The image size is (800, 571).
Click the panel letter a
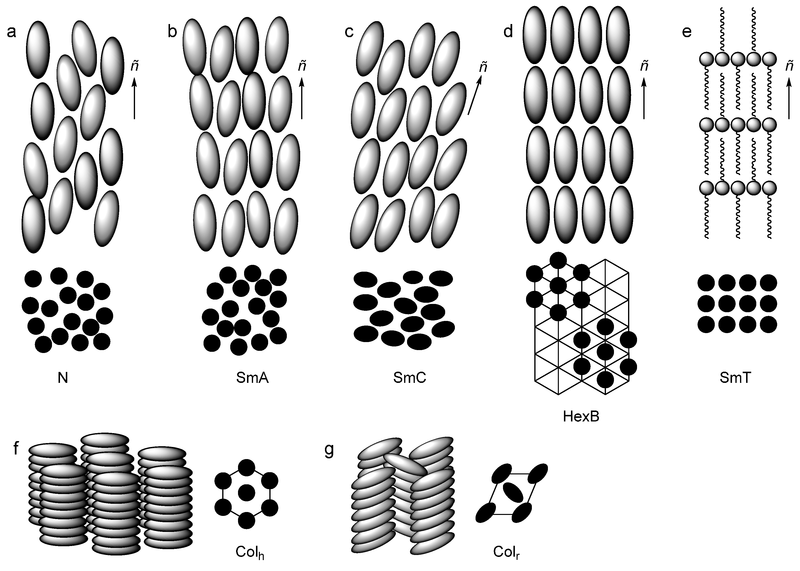click(12, 32)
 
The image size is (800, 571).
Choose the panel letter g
click(329, 451)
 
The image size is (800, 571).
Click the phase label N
click(63, 378)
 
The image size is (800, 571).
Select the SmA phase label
click(253, 378)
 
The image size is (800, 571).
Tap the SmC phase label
click(410, 378)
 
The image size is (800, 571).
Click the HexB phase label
click(581, 416)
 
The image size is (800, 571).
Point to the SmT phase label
click(736, 378)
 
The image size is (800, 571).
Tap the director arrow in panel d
click(644, 99)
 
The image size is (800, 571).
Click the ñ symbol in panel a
click(135, 66)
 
